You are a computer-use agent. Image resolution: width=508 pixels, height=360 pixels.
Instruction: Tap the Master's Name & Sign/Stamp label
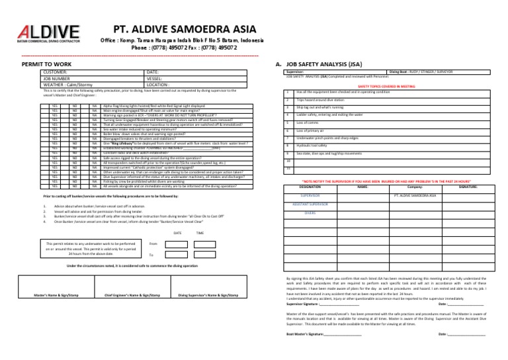point(50,295)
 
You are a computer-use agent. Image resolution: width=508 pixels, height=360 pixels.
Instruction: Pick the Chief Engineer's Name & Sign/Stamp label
point(131,295)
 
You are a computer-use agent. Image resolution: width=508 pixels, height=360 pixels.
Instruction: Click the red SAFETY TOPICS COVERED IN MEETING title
point(386,86)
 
